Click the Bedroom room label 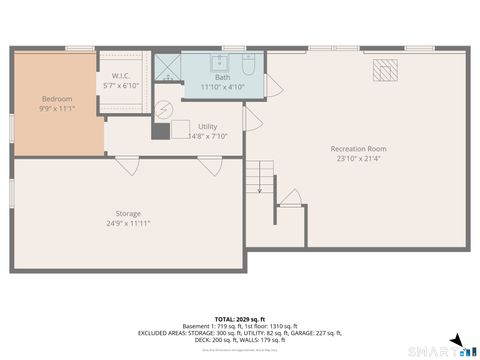point(56,98)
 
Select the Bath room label point(221,77)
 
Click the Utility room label point(207,126)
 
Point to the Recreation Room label point(358,149)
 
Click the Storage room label point(128,213)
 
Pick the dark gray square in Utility point(161,129)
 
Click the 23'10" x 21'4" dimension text point(358,159)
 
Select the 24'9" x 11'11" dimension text point(128,223)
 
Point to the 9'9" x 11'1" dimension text point(56,108)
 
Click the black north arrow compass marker point(456,340)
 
